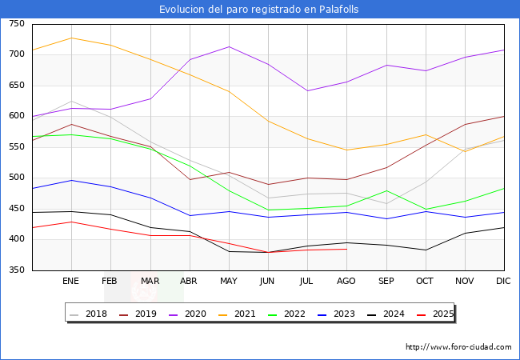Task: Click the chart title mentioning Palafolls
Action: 259,9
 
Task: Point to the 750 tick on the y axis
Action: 16,24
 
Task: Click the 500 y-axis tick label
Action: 16,178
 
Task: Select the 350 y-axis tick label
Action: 16,271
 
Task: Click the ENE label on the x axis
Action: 71,282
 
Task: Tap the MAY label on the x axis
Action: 229,282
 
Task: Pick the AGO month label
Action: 346,282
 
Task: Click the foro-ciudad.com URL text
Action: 458,347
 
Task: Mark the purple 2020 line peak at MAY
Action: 229,46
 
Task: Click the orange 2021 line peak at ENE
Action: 71,38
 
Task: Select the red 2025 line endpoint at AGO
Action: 346,249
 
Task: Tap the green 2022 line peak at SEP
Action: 386,190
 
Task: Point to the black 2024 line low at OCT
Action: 426,250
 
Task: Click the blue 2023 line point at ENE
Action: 71,180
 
